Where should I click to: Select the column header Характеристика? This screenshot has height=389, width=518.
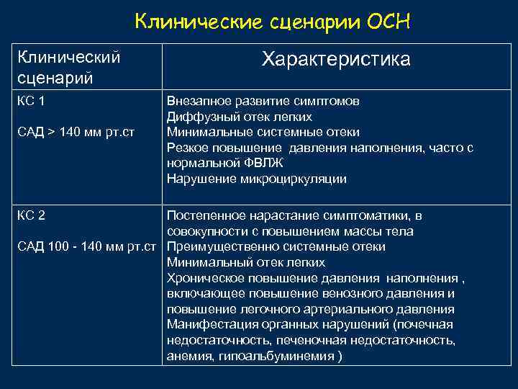click(336, 59)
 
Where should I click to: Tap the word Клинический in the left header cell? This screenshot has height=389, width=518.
click(68, 56)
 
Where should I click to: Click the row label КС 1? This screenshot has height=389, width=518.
click(31, 102)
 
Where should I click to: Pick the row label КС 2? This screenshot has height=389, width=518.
click(31, 215)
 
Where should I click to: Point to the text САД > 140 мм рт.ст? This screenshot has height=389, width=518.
click(77, 133)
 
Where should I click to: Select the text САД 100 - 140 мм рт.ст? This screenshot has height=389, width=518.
click(87, 247)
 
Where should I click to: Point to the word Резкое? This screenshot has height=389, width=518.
click(188, 148)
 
